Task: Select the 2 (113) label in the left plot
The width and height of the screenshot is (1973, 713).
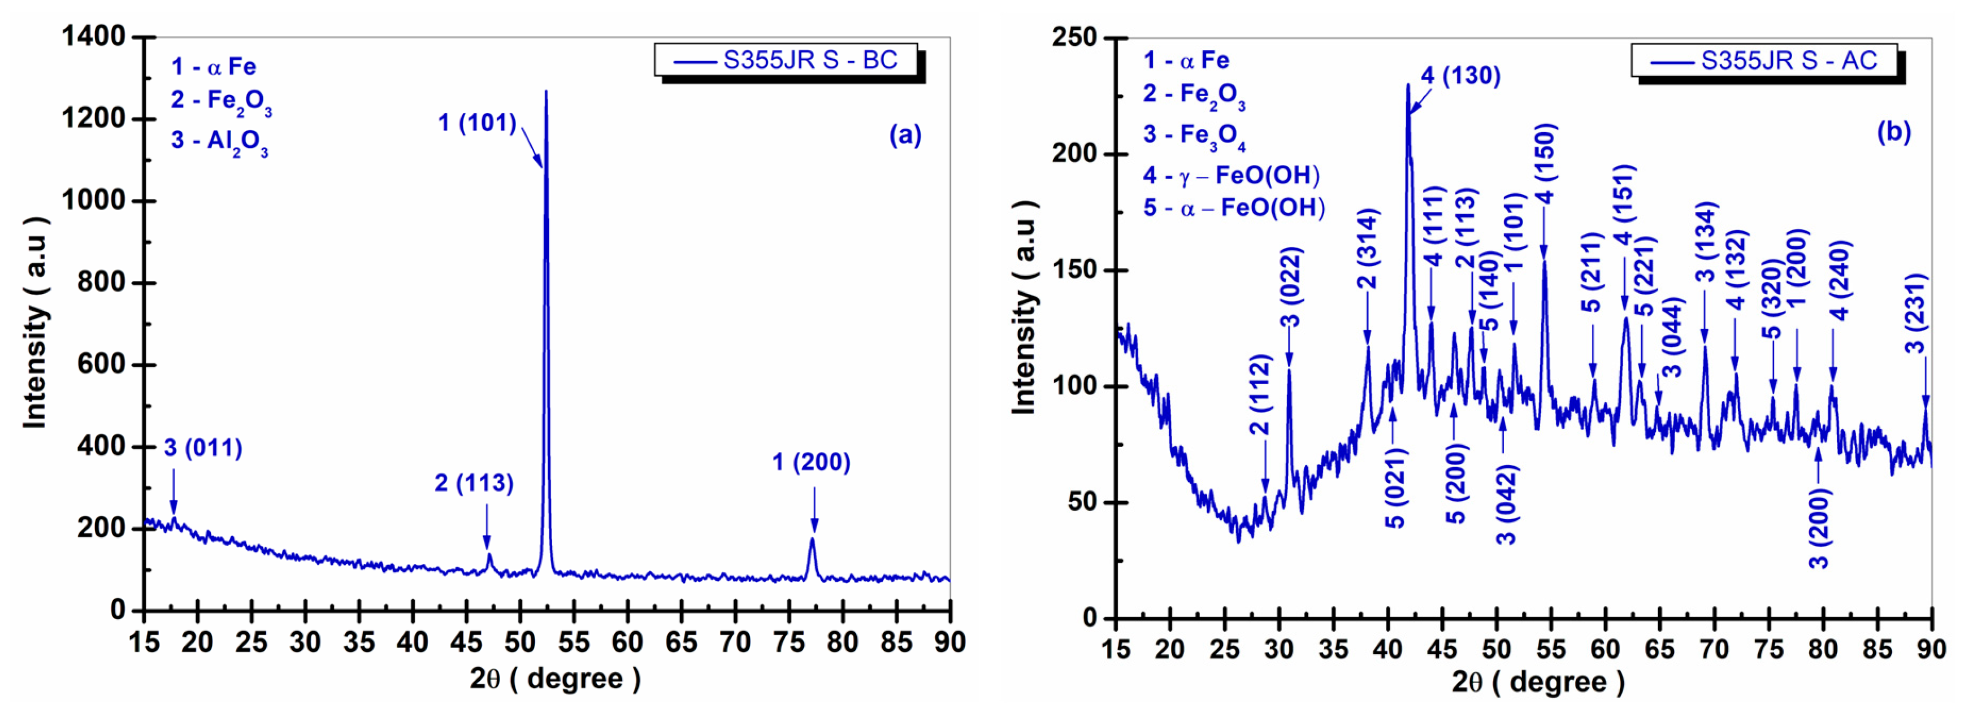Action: (474, 482)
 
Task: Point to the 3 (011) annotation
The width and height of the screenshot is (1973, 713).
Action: (203, 448)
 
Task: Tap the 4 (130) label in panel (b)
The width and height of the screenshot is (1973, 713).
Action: (1460, 76)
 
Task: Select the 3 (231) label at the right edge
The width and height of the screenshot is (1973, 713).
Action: (1915, 312)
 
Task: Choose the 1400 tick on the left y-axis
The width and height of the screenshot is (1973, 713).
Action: (93, 36)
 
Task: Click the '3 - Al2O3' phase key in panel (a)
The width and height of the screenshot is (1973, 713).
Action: (219, 141)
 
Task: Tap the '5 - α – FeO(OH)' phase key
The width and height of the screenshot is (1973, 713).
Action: (1234, 207)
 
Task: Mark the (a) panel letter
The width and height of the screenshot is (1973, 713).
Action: (904, 135)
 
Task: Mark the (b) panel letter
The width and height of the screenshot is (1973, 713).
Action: (1893, 132)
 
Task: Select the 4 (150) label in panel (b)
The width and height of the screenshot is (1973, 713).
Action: (1545, 162)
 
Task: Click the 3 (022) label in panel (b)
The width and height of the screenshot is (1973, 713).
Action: (1291, 286)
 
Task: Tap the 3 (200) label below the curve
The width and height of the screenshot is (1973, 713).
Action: (1819, 528)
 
